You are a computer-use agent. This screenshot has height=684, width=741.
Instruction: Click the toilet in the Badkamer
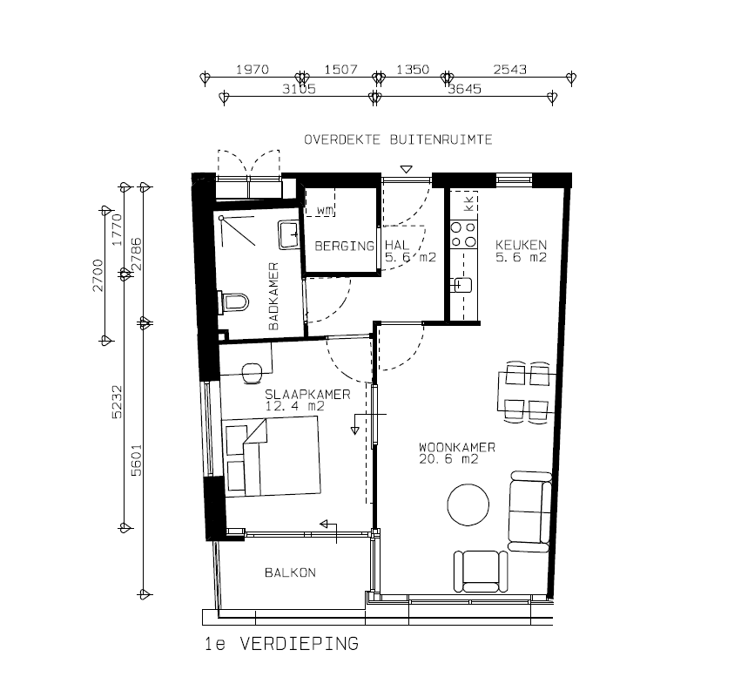(x=233, y=301)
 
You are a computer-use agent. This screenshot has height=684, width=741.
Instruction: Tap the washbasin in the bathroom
(x=288, y=234)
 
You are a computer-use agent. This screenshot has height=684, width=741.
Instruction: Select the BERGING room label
(x=345, y=246)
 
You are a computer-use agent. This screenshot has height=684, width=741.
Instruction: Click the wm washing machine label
(x=325, y=210)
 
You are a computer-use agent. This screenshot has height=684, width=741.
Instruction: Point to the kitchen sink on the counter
(x=461, y=285)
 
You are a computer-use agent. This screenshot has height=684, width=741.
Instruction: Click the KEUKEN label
(x=521, y=245)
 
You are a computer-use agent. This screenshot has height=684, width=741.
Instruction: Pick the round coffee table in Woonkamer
(x=468, y=505)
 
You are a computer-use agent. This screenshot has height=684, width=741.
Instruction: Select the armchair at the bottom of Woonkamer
(x=481, y=572)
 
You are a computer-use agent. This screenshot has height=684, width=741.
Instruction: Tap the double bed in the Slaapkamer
(x=272, y=456)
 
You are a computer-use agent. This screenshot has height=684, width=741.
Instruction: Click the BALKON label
(x=290, y=572)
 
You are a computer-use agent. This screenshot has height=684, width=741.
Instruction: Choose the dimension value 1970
(x=253, y=70)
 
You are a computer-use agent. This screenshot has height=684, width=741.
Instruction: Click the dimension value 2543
(x=510, y=70)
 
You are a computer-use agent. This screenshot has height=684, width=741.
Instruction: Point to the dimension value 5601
(x=136, y=460)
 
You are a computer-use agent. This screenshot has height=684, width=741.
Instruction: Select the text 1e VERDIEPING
(x=281, y=644)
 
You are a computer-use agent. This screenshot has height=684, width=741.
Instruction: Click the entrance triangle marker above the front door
(x=406, y=169)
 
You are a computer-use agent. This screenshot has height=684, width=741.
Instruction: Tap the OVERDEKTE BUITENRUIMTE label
(x=398, y=139)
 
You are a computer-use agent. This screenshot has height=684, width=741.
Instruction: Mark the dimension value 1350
(x=413, y=70)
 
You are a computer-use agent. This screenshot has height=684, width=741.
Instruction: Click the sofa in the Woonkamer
(x=529, y=511)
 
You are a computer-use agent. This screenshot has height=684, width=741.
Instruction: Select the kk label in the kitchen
(x=468, y=204)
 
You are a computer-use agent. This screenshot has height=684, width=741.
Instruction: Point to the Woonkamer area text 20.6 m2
(x=448, y=459)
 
